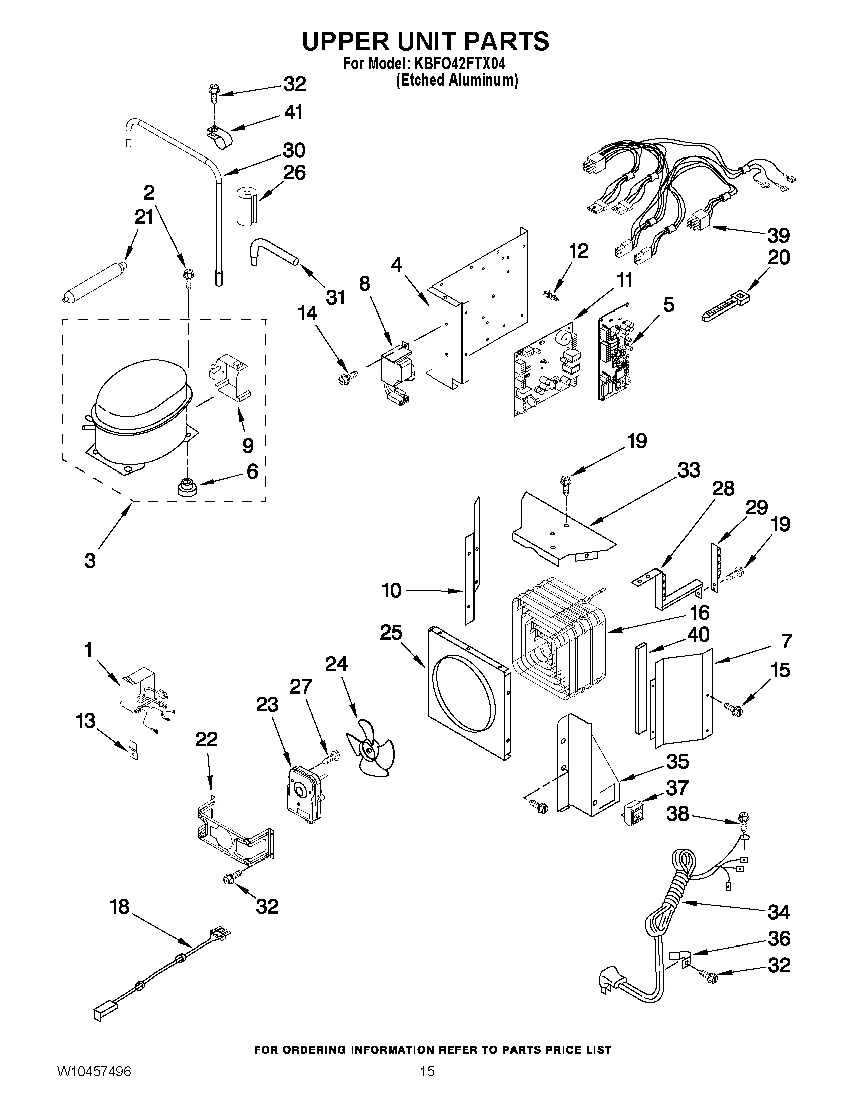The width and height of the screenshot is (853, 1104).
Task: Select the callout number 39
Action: click(778, 236)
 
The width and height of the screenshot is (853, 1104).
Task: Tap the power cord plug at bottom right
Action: click(612, 981)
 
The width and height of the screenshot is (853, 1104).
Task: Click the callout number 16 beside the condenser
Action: click(700, 612)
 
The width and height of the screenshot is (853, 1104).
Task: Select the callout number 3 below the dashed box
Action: click(90, 561)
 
